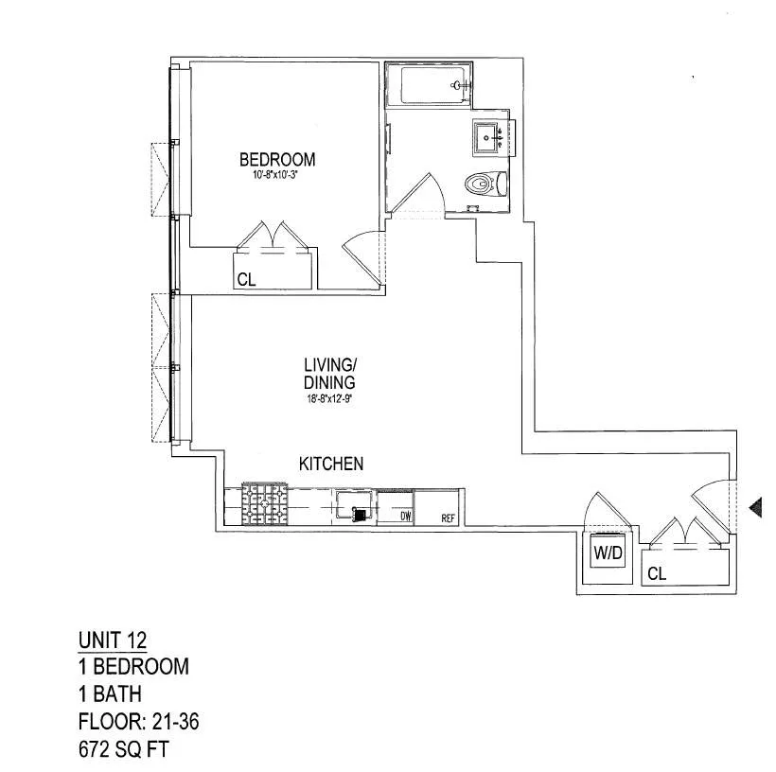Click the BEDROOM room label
click(276, 159)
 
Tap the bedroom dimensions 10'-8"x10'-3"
click(276, 174)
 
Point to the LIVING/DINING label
click(329, 374)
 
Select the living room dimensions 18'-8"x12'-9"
click(329, 398)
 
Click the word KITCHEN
click(331, 464)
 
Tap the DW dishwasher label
click(405, 517)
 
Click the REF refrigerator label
click(449, 518)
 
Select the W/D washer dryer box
click(608, 553)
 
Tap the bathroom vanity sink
click(493, 139)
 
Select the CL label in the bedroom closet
click(246, 280)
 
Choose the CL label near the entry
click(658, 573)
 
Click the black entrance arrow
click(755, 509)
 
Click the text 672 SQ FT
click(125, 751)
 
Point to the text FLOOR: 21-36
click(138, 724)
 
